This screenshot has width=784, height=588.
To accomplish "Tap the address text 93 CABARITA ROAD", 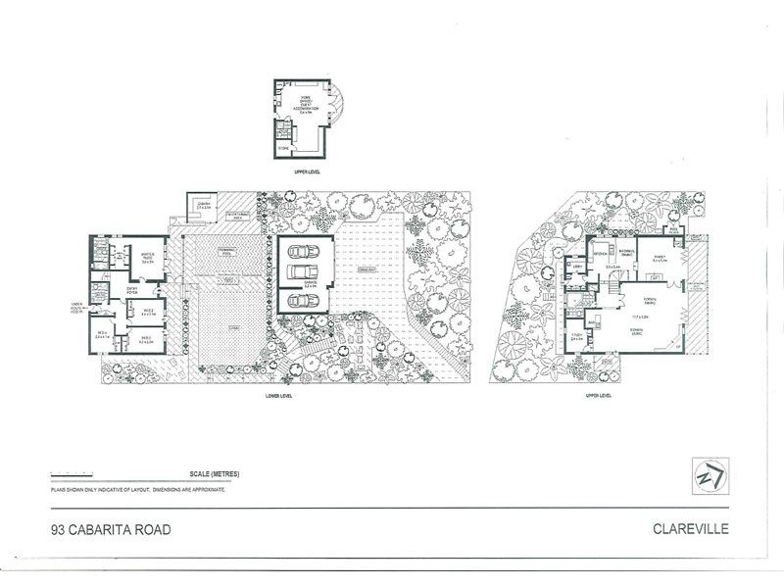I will pos(112,530).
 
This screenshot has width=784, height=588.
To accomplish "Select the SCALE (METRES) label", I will pos(204,475).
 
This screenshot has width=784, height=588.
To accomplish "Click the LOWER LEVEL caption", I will pos(278,396).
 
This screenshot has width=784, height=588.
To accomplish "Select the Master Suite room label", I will pos(149,260).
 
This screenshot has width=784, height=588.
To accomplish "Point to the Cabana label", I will pos(205,207).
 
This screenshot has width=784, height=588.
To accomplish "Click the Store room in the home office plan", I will pos(283,148).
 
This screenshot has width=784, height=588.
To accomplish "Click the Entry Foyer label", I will pos(133,291).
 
